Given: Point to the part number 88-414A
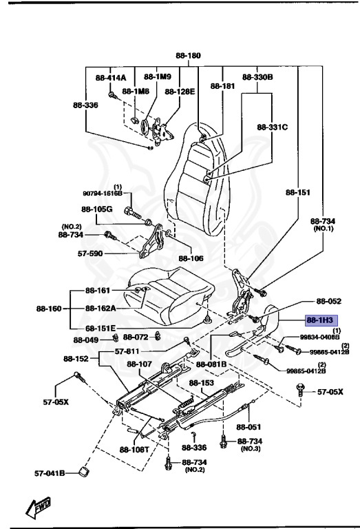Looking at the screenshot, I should [111, 78].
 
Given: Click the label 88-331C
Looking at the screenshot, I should [272, 127].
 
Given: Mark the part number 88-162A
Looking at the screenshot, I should [100, 309].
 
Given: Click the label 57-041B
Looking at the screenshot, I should [50, 473].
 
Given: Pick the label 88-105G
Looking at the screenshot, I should [96, 209].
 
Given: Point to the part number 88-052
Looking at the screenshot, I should [329, 301].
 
